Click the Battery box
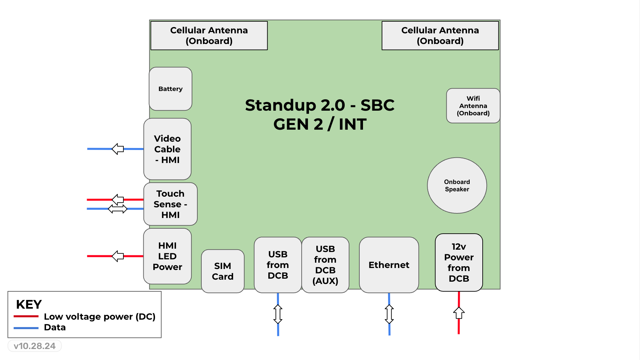170,89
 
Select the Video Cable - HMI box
167,149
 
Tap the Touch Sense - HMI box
170,204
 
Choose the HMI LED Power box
167,256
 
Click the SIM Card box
223,271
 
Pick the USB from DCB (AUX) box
325,265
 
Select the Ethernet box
389,265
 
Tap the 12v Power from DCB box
459,262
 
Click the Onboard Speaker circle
457,185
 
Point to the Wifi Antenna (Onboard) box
473,106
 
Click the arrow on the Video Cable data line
118,149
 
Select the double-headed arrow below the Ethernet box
389,314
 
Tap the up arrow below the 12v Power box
459,313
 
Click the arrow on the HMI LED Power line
118,256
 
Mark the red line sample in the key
26,316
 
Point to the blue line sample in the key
26,328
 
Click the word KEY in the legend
29,304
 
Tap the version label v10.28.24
35,346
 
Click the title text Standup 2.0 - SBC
320,105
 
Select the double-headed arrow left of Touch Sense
118,209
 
